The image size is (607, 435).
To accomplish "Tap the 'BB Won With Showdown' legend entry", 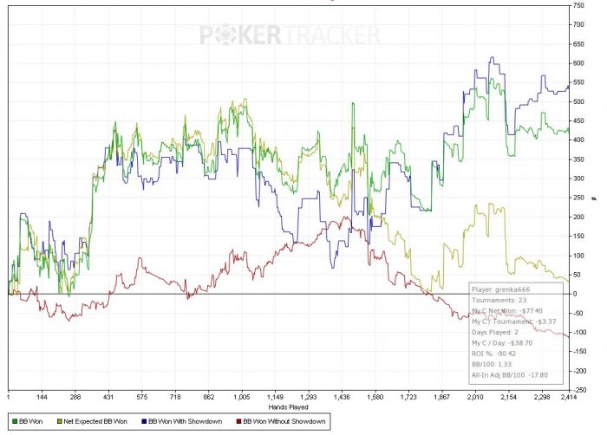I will click(182, 421).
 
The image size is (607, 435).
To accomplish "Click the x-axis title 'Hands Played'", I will click(288, 406).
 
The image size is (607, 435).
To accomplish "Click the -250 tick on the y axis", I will click(578, 389).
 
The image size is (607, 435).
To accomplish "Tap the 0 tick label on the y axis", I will click(573, 294).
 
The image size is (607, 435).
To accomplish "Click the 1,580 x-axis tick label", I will click(375, 396).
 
